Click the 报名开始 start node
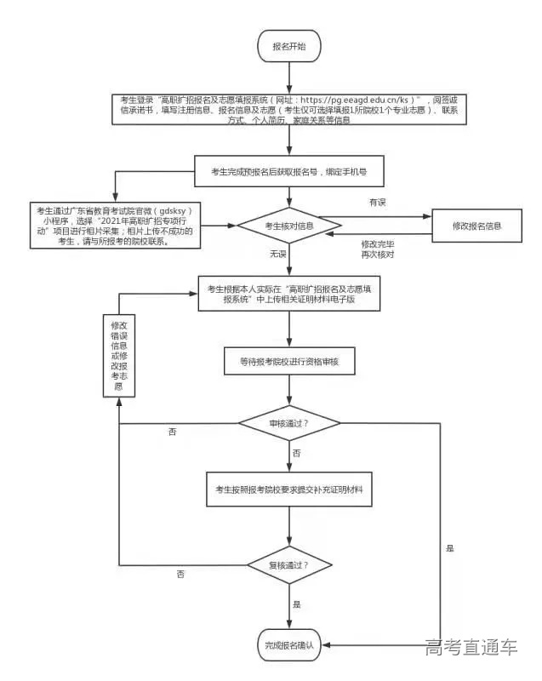point(289,46)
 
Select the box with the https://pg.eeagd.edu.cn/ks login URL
point(289,111)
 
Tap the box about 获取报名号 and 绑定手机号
point(289,171)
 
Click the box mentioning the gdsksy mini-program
point(115,226)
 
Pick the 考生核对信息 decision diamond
point(288,226)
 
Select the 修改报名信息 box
point(475,226)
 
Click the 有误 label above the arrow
point(377,202)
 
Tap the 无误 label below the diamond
point(278,255)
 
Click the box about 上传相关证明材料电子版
point(289,295)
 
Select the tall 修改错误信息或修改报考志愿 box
point(119,357)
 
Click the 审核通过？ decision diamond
point(289,423)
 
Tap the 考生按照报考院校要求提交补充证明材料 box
point(289,489)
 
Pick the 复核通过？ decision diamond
point(289,564)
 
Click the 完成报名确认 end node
point(289,645)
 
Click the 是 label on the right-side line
point(449,548)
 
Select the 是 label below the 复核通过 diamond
point(297,604)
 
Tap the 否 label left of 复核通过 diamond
point(180,575)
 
